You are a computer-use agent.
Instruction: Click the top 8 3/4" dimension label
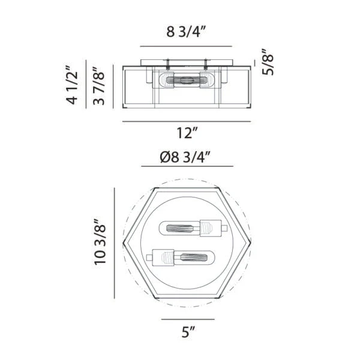tap(185, 32)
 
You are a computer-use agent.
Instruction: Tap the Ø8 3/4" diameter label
tap(185, 157)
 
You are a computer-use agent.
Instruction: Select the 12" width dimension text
tap(187, 133)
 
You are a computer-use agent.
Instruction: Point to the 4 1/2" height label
tap(72, 85)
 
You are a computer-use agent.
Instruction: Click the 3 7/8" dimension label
tap(99, 86)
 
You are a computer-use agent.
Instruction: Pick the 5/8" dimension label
tap(268, 62)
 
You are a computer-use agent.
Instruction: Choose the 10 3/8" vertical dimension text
tap(100, 242)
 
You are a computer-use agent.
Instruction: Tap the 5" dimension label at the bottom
tap(188, 332)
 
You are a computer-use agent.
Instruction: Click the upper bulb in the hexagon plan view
tap(193, 228)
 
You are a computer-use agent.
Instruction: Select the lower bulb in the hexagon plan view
tap(181, 257)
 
